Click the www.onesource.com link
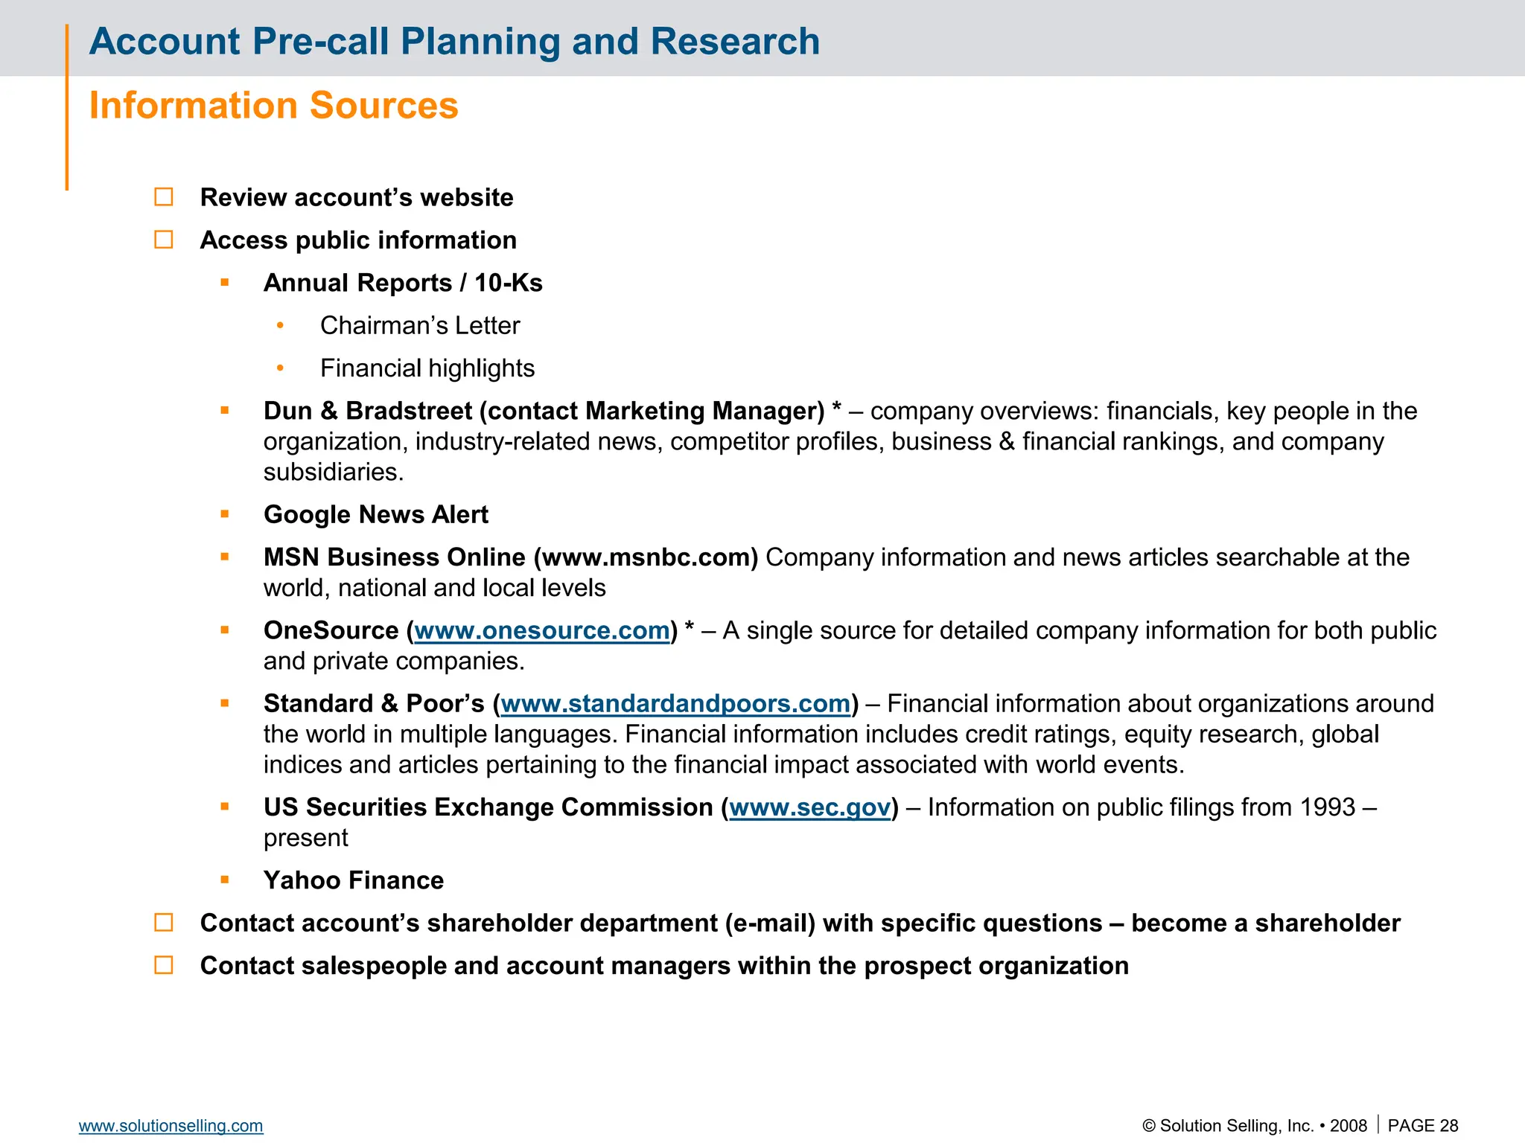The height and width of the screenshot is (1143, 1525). (541, 631)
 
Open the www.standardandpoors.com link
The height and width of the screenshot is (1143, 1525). (675, 704)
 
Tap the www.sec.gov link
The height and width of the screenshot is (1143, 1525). (810, 807)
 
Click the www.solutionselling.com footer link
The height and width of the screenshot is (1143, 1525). (171, 1126)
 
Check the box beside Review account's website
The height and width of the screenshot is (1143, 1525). (164, 197)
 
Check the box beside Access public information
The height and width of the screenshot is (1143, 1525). (164, 240)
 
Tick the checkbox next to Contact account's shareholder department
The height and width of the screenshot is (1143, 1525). (164, 923)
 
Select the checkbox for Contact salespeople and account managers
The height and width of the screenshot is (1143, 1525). (164, 965)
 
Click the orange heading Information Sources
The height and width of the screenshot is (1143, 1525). (273, 106)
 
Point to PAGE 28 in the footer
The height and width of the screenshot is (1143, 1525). (1422, 1126)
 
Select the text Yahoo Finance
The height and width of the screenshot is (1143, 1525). (354, 880)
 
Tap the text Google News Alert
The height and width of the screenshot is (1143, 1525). (376, 515)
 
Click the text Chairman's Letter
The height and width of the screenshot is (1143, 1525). (420, 326)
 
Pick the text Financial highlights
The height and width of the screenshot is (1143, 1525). (427, 368)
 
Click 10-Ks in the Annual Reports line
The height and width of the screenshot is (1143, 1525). (509, 284)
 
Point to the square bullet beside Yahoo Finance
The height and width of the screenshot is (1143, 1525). (225, 880)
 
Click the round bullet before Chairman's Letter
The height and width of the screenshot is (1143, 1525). (280, 325)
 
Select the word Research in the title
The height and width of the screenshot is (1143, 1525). (735, 42)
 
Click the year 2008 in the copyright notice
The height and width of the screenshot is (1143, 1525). (1349, 1126)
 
